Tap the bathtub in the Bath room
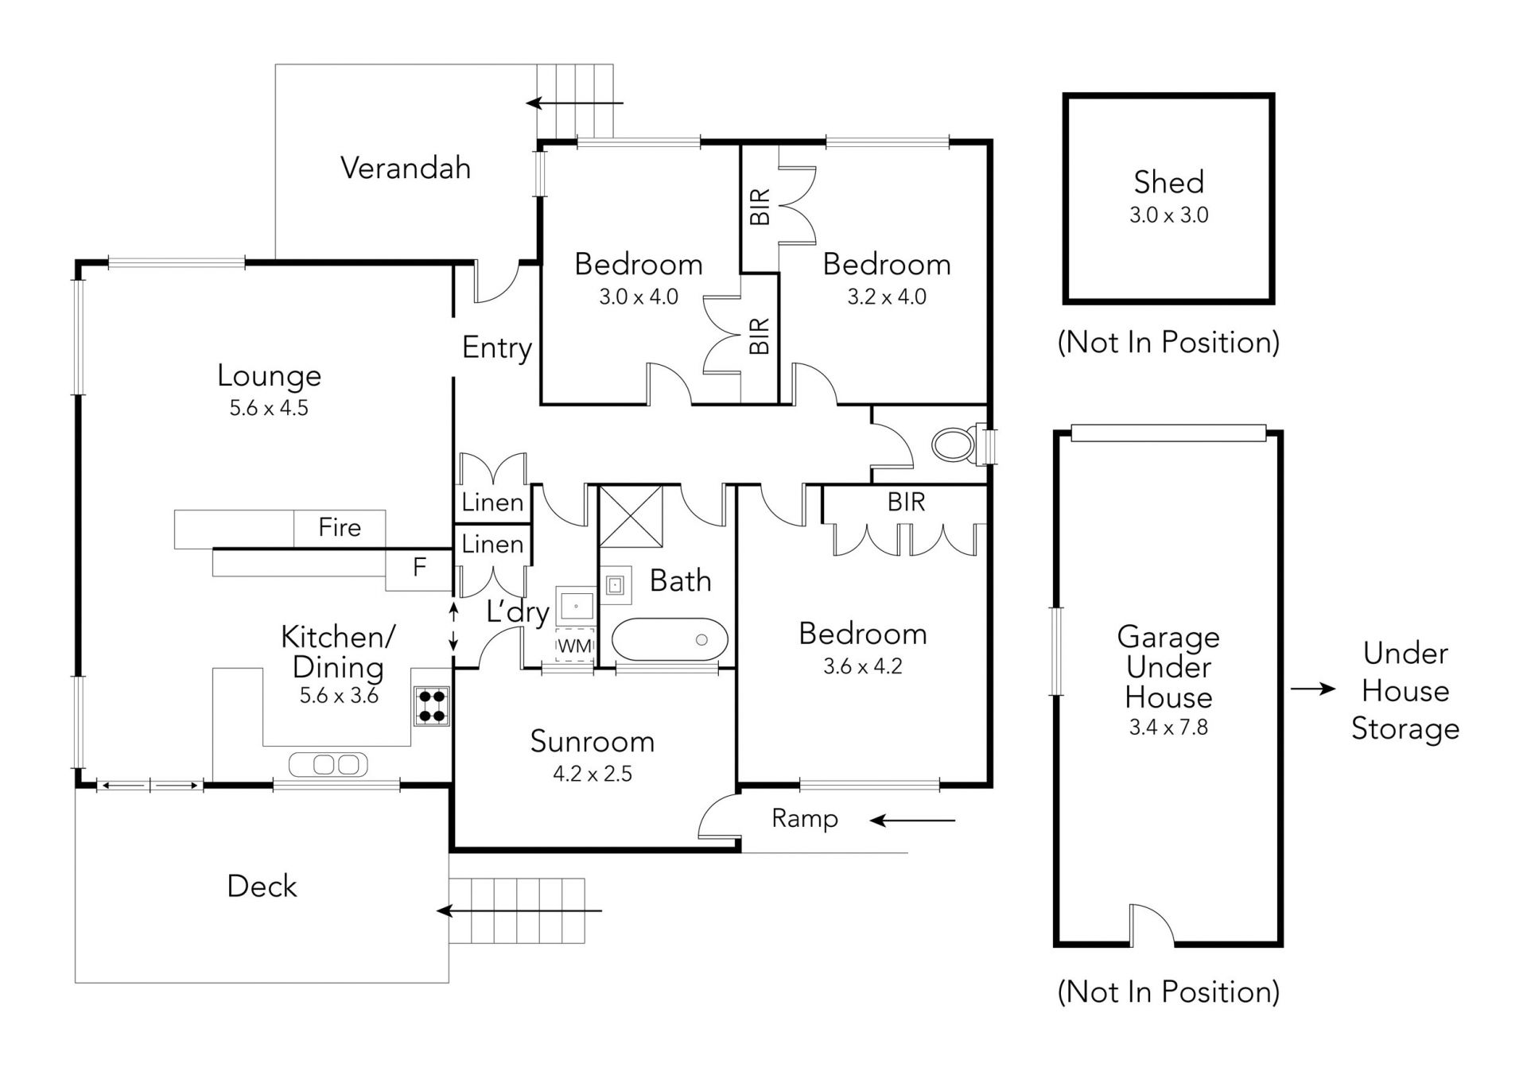(x=670, y=639)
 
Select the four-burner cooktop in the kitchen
(x=432, y=705)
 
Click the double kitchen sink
(x=328, y=764)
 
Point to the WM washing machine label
(x=574, y=646)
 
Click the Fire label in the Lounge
(x=340, y=527)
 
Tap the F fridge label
(x=419, y=566)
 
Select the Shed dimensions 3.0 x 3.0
(x=1168, y=215)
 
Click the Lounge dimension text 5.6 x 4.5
(x=269, y=408)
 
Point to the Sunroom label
(x=593, y=741)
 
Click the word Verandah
(x=406, y=168)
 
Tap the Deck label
(x=262, y=886)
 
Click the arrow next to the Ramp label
(x=912, y=820)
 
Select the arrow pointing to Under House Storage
(x=1312, y=689)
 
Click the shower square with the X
(x=631, y=516)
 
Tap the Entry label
(x=497, y=348)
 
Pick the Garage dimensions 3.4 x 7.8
(x=1168, y=728)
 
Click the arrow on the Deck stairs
(x=519, y=910)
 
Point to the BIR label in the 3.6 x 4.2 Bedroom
(x=907, y=502)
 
